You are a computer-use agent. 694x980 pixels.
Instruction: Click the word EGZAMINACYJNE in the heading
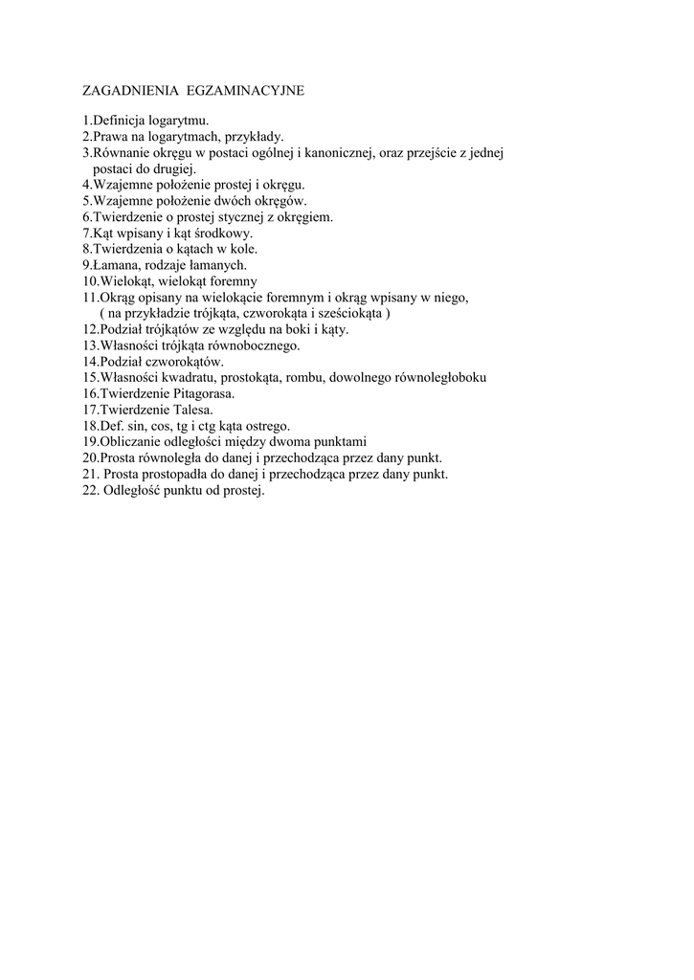point(245,91)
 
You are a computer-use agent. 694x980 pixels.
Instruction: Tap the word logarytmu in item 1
point(178,121)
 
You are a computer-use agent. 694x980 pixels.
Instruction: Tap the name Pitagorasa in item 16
point(202,393)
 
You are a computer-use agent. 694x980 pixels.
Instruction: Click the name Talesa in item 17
point(192,410)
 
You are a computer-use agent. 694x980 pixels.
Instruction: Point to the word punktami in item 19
point(341,442)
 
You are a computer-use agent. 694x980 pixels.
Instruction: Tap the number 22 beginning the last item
point(89,490)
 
